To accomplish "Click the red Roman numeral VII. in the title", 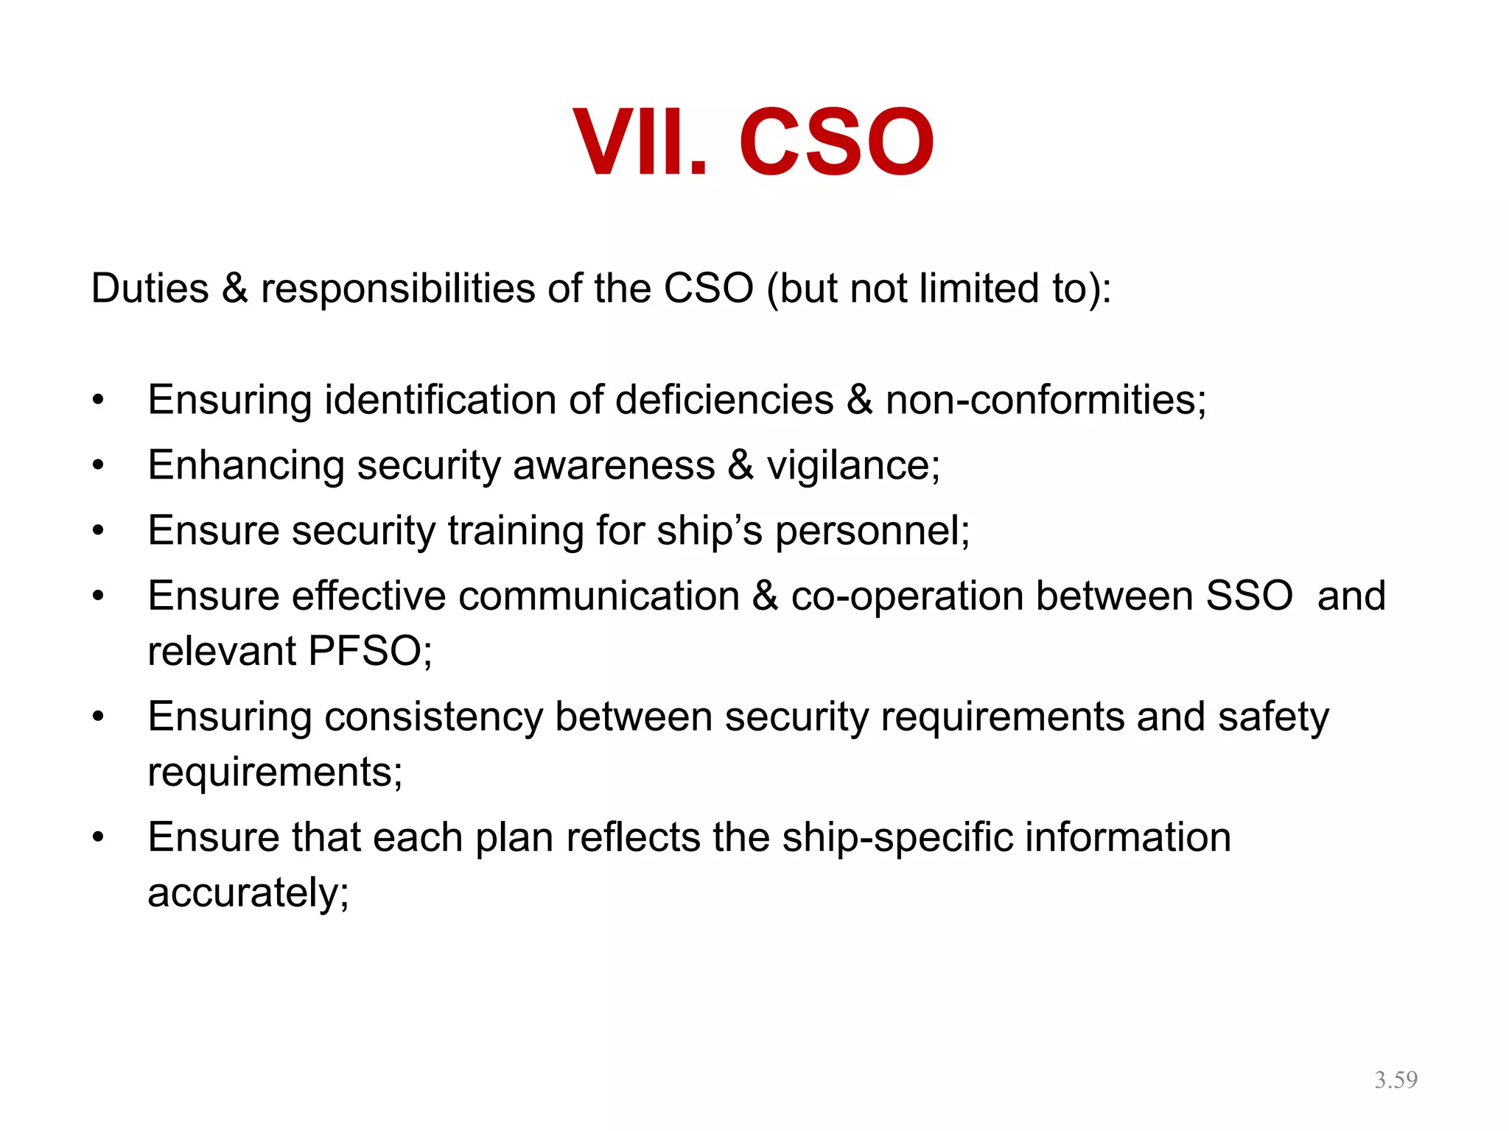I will coord(640,141).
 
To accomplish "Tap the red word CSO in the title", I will coord(836,141).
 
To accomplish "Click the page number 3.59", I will coord(1396,1079).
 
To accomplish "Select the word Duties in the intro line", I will coord(150,288).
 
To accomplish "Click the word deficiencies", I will coord(724,401).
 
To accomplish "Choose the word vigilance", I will coord(852,466).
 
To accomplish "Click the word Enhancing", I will coord(245,466).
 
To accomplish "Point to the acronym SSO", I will coord(1249,596).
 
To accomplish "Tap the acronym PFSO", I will coord(369,651).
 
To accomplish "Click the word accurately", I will coord(248,893).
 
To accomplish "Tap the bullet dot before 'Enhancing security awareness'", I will coord(99,466).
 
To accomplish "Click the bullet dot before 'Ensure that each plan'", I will coord(99,838).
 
